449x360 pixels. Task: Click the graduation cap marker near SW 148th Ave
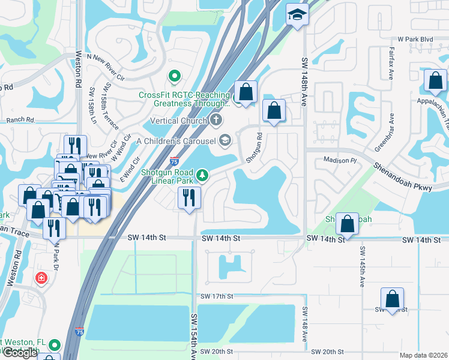297,14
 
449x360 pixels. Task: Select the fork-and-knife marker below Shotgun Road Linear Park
190,198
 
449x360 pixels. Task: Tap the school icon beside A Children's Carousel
224,140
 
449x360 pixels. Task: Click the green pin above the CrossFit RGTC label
174,76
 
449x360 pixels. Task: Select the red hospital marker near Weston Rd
41,278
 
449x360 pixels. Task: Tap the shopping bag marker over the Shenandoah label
348,224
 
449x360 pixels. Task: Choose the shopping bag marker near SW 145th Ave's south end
391,299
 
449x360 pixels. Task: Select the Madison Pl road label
340,160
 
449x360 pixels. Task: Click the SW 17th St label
217,296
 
